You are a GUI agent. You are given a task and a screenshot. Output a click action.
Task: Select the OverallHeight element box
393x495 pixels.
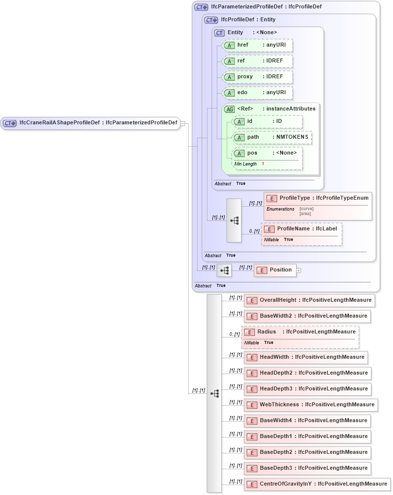click(x=309, y=300)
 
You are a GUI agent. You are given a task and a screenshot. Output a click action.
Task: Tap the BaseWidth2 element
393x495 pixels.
click(x=307, y=316)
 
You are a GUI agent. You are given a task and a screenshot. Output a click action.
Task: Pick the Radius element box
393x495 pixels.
click(x=300, y=332)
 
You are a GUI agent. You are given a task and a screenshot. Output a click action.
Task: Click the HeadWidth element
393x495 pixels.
click(x=306, y=357)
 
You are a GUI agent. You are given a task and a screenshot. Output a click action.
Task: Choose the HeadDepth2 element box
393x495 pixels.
click(x=307, y=373)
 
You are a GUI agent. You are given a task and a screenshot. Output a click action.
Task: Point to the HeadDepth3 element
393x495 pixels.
click(x=307, y=389)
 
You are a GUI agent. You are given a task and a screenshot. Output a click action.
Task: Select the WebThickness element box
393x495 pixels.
click(x=311, y=405)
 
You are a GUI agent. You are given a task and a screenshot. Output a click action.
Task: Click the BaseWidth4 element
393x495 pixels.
click(x=307, y=421)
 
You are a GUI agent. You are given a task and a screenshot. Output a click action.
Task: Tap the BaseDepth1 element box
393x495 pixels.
click(x=307, y=437)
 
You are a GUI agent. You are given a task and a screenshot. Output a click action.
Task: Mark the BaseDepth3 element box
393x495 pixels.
click(x=307, y=468)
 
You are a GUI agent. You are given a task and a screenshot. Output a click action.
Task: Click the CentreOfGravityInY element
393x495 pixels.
click(x=317, y=484)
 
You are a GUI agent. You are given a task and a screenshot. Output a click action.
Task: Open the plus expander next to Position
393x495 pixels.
click(x=298, y=271)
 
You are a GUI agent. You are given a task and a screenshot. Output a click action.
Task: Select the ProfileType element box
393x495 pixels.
click(x=318, y=198)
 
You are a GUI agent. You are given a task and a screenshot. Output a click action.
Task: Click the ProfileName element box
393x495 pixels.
click(x=301, y=229)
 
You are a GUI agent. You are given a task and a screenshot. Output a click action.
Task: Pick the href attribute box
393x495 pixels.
click(x=257, y=45)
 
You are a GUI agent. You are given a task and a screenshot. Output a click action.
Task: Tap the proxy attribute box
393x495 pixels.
click(x=257, y=77)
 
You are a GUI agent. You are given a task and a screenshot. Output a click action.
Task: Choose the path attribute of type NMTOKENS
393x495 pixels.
click(x=272, y=137)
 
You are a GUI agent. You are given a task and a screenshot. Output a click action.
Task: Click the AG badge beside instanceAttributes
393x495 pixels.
click(x=230, y=109)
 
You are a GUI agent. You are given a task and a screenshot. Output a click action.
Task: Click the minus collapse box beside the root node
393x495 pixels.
click(x=183, y=123)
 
